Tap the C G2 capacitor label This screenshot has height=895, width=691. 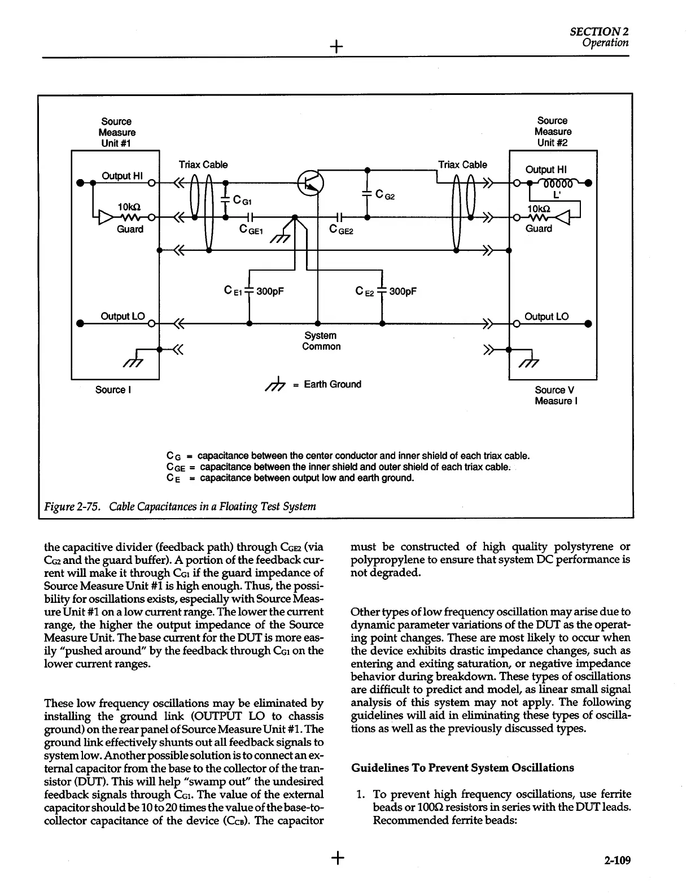click(x=385, y=197)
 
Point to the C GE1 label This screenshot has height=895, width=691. click(x=251, y=230)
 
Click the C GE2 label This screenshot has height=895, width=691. click(x=341, y=230)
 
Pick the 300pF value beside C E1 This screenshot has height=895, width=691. click(x=270, y=292)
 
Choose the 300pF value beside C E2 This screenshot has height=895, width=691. click(x=403, y=292)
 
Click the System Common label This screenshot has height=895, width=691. click(x=321, y=341)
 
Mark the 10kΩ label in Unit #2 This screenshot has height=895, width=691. click(x=537, y=208)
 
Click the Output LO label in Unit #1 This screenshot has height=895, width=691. click(x=123, y=316)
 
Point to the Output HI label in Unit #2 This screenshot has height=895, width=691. click(x=546, y=170)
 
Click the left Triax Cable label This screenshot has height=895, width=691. click(x=203, y=165)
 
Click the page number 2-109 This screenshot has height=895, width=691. click(x=616, y=861)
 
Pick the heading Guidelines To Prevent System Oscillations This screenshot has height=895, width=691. click(x=462, y=768)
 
